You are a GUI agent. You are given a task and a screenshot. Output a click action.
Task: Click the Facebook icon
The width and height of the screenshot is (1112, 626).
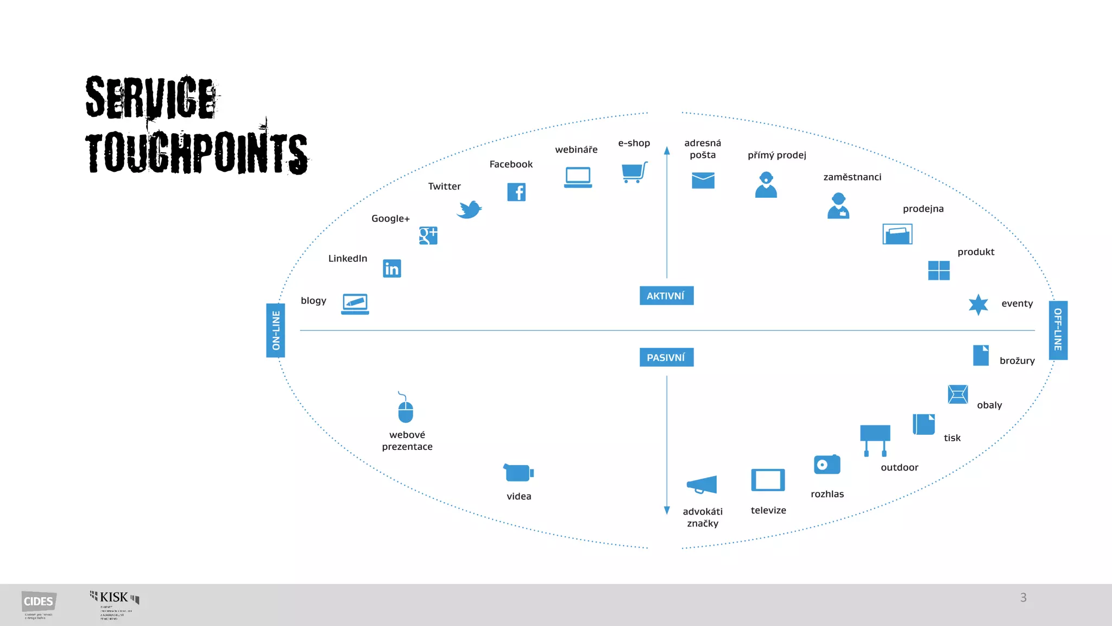[516, 192]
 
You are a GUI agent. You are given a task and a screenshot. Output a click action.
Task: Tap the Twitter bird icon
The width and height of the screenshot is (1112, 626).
[469, 209]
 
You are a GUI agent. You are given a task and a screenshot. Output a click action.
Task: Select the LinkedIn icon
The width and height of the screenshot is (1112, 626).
[392, 268]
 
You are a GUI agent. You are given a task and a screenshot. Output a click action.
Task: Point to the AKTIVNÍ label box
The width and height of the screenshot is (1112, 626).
[666, 296]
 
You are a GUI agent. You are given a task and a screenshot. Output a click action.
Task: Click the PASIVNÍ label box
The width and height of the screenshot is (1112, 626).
[666, 358]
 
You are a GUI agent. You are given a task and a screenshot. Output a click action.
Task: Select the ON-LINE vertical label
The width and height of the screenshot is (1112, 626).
[276, 330]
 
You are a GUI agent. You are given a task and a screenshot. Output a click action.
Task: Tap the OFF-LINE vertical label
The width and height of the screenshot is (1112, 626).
[1058, 330]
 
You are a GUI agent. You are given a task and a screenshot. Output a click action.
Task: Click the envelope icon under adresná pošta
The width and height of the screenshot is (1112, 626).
[703, 180]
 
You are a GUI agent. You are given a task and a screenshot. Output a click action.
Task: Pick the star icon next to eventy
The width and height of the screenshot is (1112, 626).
[978, 305]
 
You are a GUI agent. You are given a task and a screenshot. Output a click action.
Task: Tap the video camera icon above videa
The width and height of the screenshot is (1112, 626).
[518, 472]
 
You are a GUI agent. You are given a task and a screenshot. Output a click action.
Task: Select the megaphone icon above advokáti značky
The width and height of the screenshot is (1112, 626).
[702, 484]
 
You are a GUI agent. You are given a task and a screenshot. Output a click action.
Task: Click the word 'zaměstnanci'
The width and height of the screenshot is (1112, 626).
[852, 177]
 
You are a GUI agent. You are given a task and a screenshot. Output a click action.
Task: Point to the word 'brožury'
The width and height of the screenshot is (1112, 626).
[1017, 361]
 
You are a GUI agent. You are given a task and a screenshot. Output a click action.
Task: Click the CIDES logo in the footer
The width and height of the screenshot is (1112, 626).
[39, 602]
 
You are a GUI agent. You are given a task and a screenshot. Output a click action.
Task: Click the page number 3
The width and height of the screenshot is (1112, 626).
[1023, 598]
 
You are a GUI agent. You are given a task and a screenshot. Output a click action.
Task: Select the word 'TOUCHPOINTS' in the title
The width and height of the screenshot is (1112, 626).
[197, 153]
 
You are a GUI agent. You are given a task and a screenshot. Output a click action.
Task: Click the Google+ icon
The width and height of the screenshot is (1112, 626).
[428, 235]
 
